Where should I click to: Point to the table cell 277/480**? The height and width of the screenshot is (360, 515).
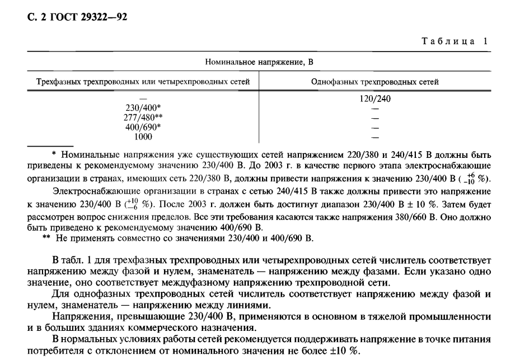point(141,117)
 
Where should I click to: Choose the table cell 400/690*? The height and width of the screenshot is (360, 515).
point(141,126)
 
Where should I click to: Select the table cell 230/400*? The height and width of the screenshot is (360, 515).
point(141,108)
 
